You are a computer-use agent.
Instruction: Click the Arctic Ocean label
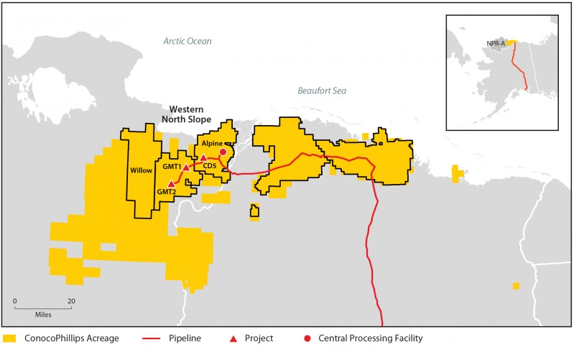click(187, 42)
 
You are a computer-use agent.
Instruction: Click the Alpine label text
click(221, 144)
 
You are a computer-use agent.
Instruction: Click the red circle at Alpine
click(223, 152)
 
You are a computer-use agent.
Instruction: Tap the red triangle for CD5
click(203, 157)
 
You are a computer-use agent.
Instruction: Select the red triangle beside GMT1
click(186, 167)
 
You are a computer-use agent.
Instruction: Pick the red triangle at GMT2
click(171, 183)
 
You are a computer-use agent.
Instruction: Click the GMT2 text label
click(167, 193)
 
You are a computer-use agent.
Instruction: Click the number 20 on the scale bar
click(70, 300)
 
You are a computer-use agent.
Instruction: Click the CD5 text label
click(210, 167)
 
